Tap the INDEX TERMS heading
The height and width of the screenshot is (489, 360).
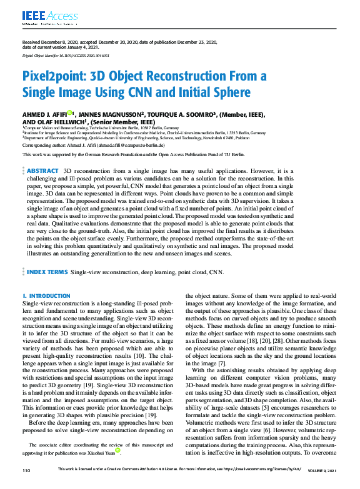(46, 273)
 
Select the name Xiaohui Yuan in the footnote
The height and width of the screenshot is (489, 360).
(102, 449)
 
